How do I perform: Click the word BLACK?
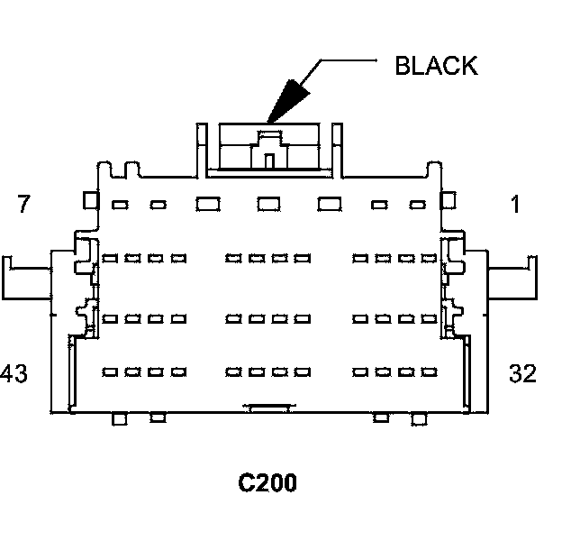436,66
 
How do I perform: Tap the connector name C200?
267,483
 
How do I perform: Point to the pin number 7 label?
23,205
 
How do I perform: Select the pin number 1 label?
514,205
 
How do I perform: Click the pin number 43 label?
14,372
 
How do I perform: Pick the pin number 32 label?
522,372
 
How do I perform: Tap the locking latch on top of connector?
267,149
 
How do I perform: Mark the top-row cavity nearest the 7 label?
119,205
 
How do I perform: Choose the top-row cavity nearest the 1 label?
417,205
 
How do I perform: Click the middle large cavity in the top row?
267,204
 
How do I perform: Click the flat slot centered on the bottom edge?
267,409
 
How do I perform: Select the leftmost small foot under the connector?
118,418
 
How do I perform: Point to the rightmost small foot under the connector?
418,418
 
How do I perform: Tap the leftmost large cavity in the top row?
208,204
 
